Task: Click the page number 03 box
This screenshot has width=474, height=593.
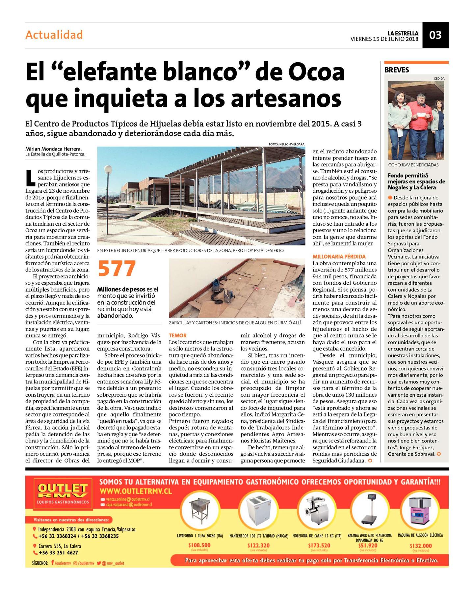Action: click(435, 35)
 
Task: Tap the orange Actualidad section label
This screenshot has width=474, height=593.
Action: click(54, 35)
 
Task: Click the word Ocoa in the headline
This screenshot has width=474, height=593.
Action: click(317, 72)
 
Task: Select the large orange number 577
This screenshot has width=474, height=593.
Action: click(117, 269)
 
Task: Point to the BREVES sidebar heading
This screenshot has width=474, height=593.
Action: click(397, 70)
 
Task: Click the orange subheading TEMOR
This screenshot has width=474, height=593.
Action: click(178, 335)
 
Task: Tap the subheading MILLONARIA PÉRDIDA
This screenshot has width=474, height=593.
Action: click(339, 256)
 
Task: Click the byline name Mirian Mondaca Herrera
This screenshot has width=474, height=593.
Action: click(53, 149)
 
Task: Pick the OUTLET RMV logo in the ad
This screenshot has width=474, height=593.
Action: click(63, 494)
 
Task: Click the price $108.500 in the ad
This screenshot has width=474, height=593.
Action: click(199, 545)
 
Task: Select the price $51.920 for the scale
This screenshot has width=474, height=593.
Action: click(368, 545)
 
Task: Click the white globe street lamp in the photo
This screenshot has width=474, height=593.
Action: click(108, 170)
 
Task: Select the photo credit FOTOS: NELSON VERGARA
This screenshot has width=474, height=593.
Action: click(287, 144)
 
